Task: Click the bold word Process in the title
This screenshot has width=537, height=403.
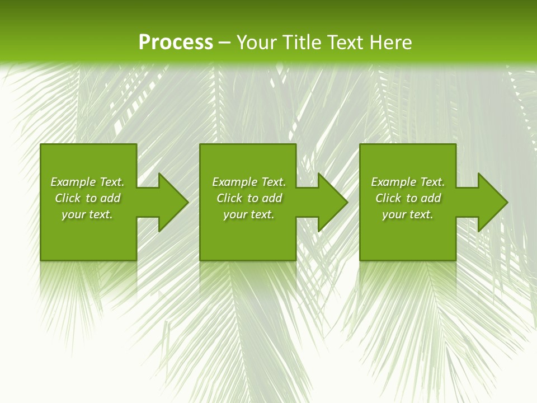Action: point(176,43)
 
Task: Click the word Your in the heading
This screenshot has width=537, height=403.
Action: point(257,43)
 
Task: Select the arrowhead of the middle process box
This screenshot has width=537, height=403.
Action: point(332,202)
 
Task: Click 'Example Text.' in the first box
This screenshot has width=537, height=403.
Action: point(87,182)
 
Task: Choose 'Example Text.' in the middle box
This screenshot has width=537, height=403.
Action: point(249,182)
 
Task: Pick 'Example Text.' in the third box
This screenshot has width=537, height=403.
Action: point(408,182)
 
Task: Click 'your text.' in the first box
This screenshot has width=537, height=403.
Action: point(87,214)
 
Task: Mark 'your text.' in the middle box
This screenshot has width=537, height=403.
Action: point(249,214)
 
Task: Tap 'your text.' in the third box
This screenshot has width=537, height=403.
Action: point(408,214)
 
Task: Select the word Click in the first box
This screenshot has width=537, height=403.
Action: point(68,198)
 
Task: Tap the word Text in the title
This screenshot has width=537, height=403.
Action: point(346,43)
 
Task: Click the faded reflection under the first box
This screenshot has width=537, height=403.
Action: point(88,280)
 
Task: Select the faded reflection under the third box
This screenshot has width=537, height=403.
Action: point(408,280)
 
